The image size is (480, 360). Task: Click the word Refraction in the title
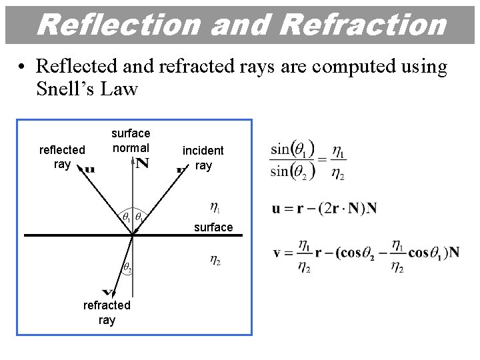(363, 25)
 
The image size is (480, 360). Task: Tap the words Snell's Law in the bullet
(87, 89)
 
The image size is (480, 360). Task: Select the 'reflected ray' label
(62, 157)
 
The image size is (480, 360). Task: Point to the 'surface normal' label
(131, 140)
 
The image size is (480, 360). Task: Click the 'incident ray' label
(203, 158)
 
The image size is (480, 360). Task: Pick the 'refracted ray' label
(107, 312)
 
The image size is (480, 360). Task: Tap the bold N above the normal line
(142, 164)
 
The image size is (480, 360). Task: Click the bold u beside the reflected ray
(89, 169)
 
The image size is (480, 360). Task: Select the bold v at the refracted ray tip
(107, 293)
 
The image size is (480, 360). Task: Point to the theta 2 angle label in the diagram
(127, 268)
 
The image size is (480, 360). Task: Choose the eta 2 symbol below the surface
(215, 261)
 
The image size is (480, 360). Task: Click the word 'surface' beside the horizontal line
(213, 227)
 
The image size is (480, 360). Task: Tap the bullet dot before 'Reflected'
(22, 67)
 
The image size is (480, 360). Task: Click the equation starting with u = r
(324, 208)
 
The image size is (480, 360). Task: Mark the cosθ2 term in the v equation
(361, 253)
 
